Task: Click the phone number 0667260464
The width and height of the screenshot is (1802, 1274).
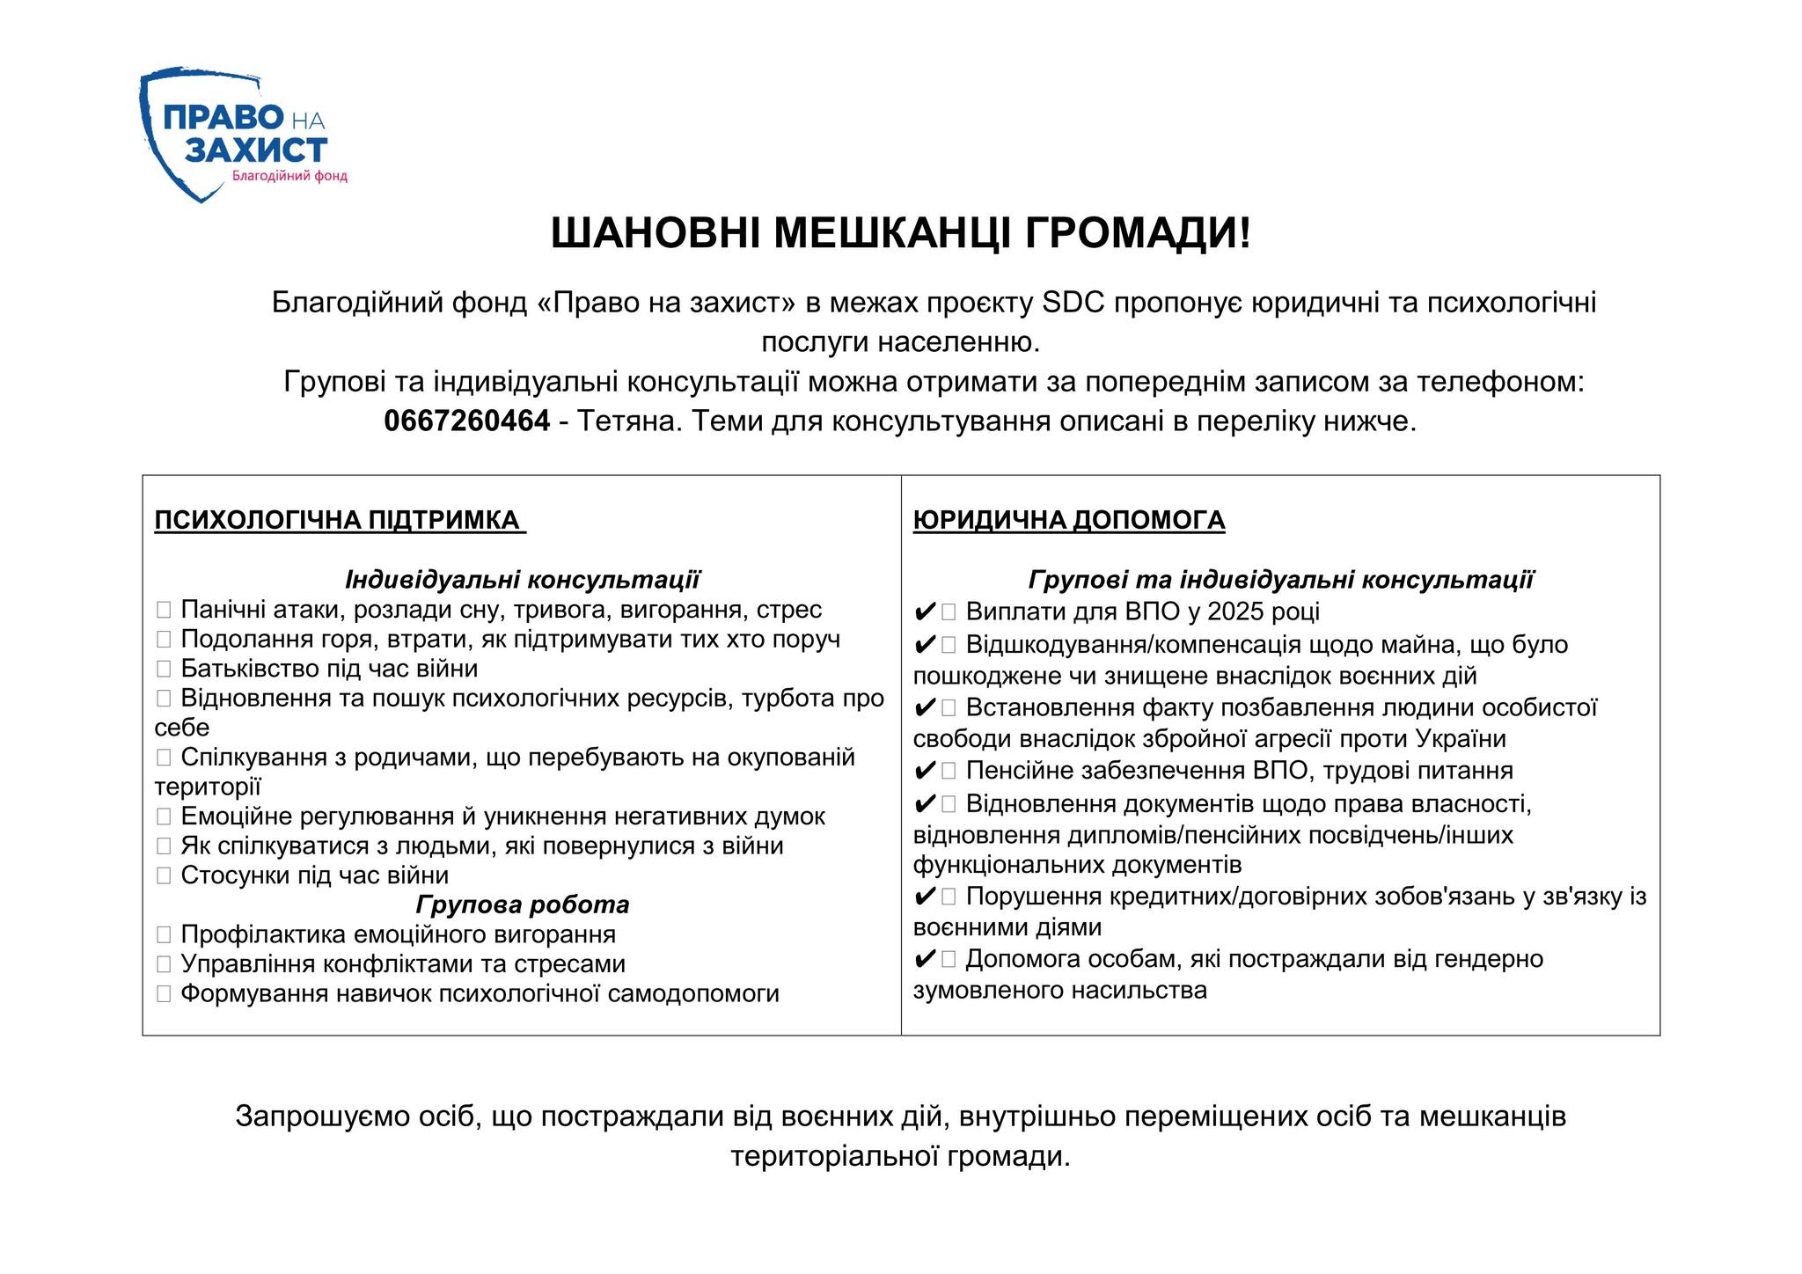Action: pos(466,421)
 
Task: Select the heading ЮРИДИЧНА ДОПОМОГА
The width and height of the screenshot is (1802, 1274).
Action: pos(1069,520)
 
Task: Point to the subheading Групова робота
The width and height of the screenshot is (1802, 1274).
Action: pos(523,904)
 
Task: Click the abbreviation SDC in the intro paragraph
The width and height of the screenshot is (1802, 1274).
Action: pos(1073,303)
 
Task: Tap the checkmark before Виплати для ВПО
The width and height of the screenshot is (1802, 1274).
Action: pos(925,611)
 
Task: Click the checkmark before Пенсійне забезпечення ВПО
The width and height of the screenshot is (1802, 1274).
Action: pos(925,772)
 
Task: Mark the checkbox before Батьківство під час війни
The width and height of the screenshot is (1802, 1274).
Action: pos(164,669)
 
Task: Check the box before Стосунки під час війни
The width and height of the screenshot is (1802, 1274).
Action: pos(164,875)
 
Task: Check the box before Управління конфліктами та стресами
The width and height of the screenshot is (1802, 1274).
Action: pos(164,964)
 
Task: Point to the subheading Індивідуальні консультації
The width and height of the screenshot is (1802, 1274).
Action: pos(523,580)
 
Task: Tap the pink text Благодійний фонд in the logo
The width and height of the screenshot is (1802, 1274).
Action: pos(289,176)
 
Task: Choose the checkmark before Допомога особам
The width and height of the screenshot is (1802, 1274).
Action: pos(925,959)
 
